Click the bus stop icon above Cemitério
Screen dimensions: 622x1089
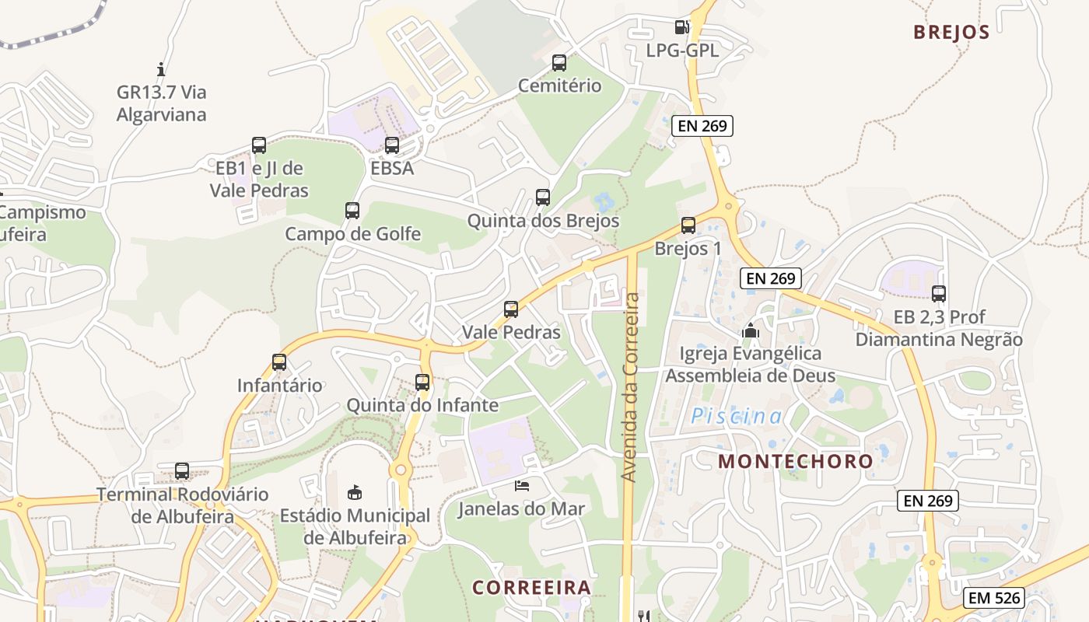click(559, 63)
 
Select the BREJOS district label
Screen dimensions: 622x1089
click(951, 32)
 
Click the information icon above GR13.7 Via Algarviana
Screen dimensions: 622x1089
click(161, 69)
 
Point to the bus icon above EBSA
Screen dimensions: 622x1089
click(392, 145)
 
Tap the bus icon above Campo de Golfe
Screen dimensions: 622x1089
click(352, 211)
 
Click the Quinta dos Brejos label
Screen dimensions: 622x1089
click(543, 221)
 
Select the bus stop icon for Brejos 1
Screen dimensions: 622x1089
click(688, 225)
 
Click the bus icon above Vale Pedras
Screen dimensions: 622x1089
click(511, 309)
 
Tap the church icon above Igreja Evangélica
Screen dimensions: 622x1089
click(750, 331)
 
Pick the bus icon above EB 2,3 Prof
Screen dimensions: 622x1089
click(939, 294)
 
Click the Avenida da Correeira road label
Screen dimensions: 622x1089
click(631, 386)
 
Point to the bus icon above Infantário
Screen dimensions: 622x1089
click(279, 362)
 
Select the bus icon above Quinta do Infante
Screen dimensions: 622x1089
click(422, 383)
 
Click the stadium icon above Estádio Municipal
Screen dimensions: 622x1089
click(355, 492)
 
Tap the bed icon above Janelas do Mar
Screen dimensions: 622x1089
click(522, 486)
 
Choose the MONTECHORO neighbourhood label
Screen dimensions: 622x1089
click(796, 461)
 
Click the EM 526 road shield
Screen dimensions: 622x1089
click(994, 598)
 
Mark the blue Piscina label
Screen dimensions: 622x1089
click(737, 416)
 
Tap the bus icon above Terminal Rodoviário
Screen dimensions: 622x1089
click(182, 471)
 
